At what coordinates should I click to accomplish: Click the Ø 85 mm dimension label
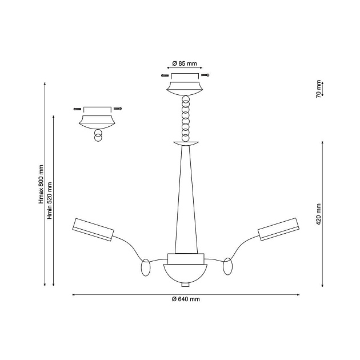point(185,63)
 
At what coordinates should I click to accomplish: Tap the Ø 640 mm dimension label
point(186,299)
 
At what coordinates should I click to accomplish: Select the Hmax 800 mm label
point(41,184)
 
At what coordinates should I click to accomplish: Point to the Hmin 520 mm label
point(50,201)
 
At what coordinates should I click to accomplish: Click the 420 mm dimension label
point(319,214)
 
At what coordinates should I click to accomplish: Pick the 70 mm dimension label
point(319,89)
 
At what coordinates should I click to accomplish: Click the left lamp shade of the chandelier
point(93,229)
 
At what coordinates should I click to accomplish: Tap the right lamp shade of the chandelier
point(278,229)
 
